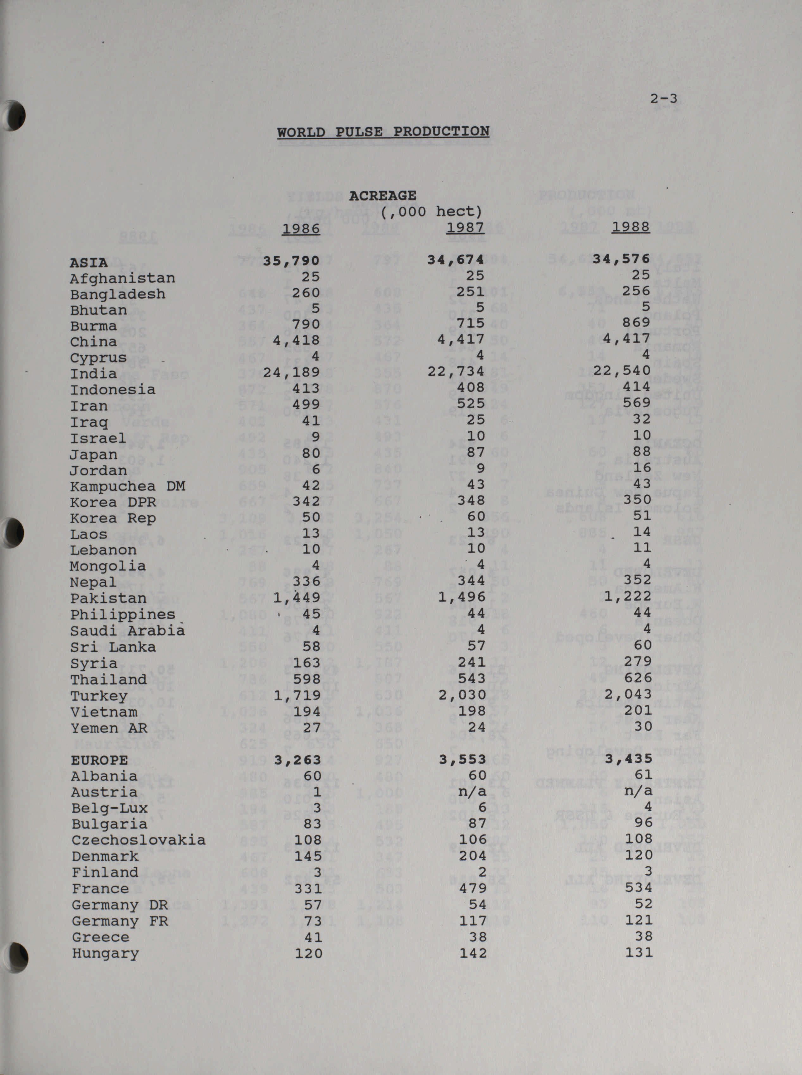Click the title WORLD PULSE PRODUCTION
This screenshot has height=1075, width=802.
(x=383, y=132)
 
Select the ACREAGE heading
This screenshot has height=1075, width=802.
(x=382, y=196)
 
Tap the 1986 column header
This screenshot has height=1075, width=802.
(x=301, y=228)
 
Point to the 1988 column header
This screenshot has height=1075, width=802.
(x=631, y=227)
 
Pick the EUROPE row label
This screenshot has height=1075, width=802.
(x=100, y=760)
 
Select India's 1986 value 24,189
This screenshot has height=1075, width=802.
(x=291, y=372)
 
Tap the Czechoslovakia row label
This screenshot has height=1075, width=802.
(x=138, y=840)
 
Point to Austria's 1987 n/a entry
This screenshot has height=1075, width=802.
(x=472, y=791)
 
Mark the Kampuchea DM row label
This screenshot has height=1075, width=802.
(x=127, y=486)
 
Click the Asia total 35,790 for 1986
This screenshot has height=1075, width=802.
(x=291, y=261)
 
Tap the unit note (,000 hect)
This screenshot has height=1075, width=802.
(x=431, y=212)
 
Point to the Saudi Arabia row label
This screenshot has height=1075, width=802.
(x=127, y=631)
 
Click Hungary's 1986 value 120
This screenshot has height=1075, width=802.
(x=308, y=953)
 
